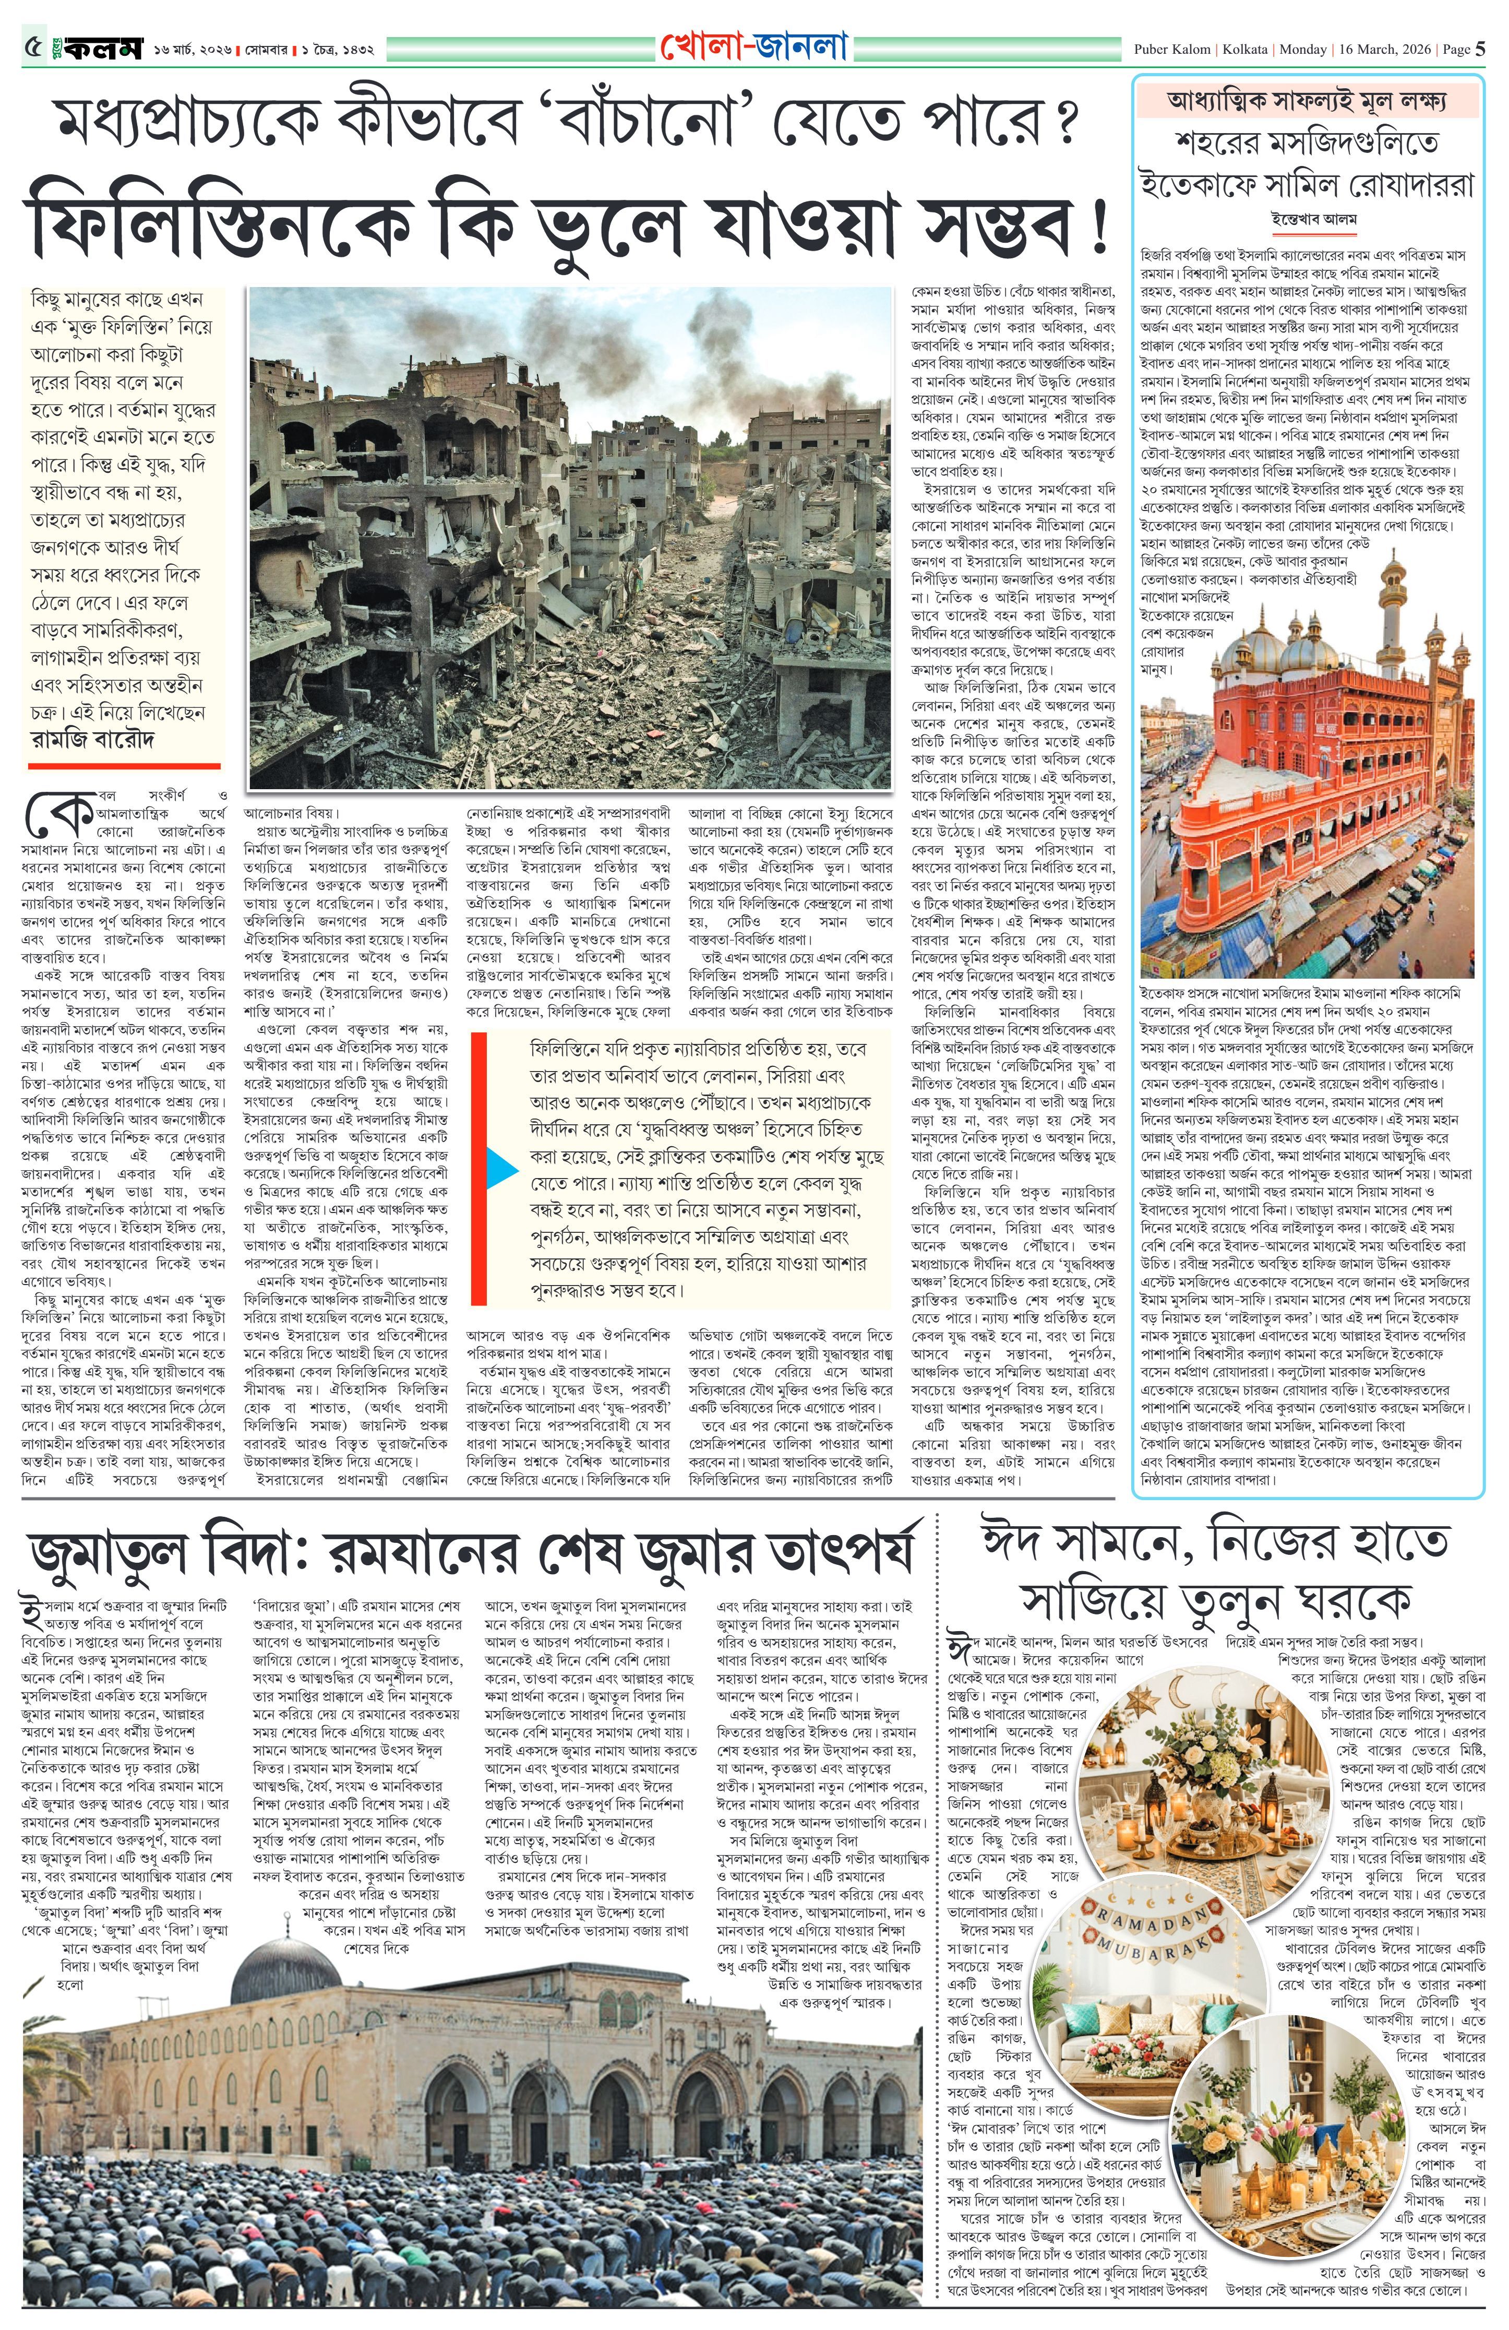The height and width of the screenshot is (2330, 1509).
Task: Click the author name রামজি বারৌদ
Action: tap(93, 739)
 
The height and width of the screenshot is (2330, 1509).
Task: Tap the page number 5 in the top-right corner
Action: tap(1481, 49)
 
